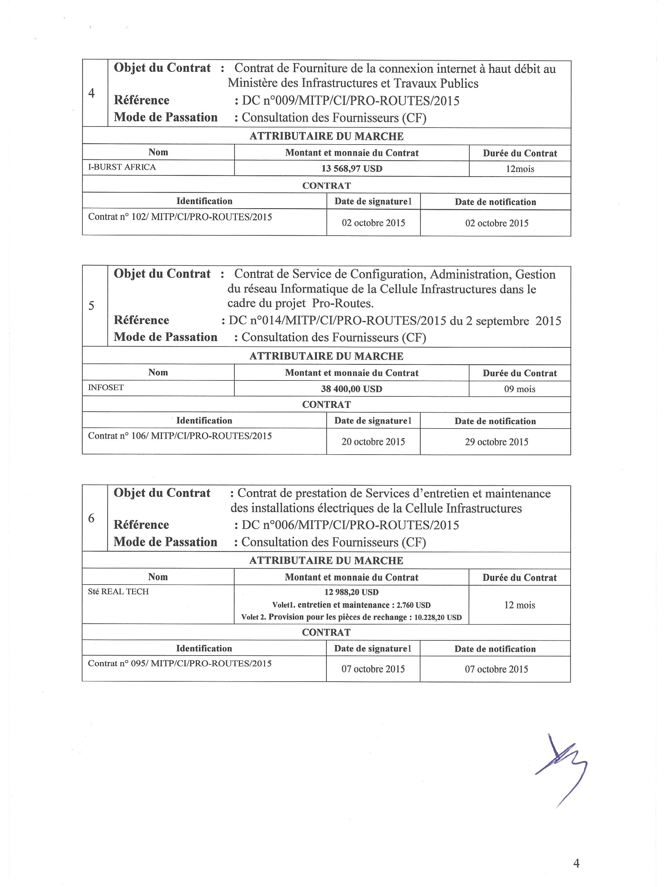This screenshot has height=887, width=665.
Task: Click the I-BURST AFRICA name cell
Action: click(x=122, y=167)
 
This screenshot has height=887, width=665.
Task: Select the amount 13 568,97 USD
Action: click(x=352, y=169)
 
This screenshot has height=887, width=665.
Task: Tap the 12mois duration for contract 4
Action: click(x=520, y=169)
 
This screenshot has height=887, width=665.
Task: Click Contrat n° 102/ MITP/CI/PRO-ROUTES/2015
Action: click(x=180, y=217)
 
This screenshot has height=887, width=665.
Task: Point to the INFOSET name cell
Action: click(x=106, y=388)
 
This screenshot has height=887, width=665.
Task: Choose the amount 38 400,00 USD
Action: click(x=352, y=389)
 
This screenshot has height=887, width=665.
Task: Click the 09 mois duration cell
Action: click(x=520, y=389)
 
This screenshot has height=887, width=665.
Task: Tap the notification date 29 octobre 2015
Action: click(x=496, y=442)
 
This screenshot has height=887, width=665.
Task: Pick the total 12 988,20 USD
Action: click(x=351, y=592)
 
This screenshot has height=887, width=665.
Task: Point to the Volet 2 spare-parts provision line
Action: click(x=351, y=617)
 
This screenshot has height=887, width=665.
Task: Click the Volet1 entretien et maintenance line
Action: click(x=351, y=605)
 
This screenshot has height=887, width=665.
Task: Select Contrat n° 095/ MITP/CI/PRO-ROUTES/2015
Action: click(x=180, y=664)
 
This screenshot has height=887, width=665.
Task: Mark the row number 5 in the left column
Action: click(x=91, y=306)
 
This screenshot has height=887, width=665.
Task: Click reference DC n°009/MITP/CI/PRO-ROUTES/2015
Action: click(x=351, y=100)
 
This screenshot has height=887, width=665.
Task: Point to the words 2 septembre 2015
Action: click(x=513, y=321)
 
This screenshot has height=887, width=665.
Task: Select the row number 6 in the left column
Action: click(x=91, y=518)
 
